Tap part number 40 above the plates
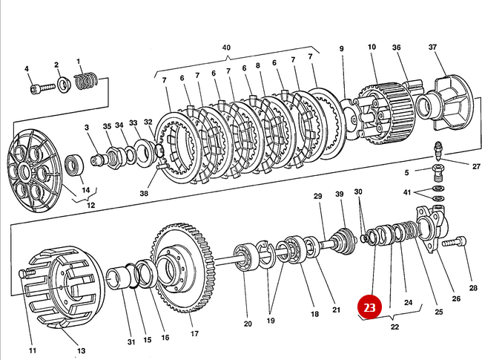226,47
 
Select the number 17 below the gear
194,333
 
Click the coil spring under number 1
88,78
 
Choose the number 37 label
433,47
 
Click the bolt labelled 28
454,242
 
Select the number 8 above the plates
259,65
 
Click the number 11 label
32,350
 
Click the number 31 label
131,341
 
